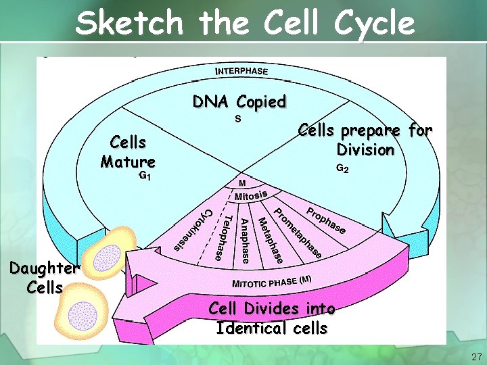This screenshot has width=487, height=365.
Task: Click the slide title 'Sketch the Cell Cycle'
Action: tap(245, 22)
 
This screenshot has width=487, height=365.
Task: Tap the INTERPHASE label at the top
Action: tap(241, 71)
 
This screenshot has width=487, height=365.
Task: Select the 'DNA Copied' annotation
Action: tap(239, 102)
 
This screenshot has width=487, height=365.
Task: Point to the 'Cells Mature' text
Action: tap(128, 152)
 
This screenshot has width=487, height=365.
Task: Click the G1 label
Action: tap(144, 176)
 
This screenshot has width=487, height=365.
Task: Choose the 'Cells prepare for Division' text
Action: tap(365, 139)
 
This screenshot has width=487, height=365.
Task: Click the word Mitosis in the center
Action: tap(252, 196)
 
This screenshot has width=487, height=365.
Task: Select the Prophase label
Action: tap(327, 219)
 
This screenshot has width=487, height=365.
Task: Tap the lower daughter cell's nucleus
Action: tap(84, 316)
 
